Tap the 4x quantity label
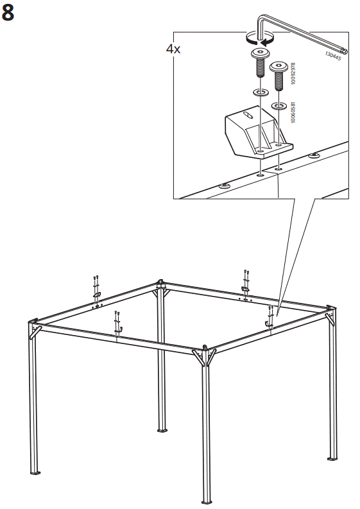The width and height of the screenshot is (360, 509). pyautogui.click(x=173, y=49)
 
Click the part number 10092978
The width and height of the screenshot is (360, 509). pyautogui.click(x=293, y=73)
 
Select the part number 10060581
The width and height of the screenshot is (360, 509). pyautogui.click(x=293, y=112)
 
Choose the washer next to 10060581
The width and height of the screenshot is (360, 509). pyautogui.click(x=279, y=105)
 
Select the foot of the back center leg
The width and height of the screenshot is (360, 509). pyautogui.click(x=162, y=431)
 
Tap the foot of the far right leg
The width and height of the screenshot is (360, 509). pyautogui.click(x=331, y=459)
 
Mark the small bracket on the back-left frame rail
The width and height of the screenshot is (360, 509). pyautogui.click(x=96, y=294)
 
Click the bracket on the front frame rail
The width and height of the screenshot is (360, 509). pyautogui.click(x=117, y=331)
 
